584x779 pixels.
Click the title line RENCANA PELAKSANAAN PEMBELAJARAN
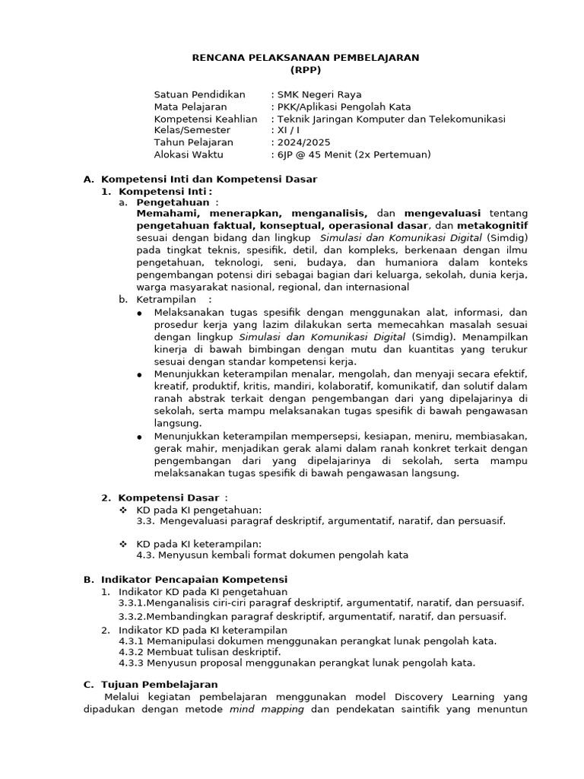tap(305, 58)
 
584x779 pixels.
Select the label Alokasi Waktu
tap(189, 154)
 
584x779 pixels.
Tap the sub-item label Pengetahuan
tap(173, 202)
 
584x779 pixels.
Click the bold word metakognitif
tap(492, 226)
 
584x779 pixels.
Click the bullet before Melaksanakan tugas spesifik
tap(139, 313)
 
